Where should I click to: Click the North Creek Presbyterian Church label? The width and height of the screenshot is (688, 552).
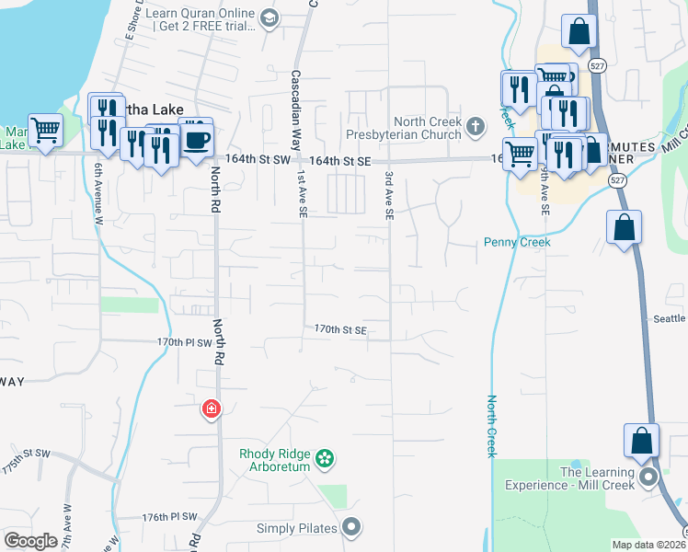[x=424, y=129]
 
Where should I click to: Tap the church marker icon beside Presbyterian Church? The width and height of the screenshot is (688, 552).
[x=475, y=126]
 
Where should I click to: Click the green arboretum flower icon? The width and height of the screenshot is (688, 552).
[x=324, y=458]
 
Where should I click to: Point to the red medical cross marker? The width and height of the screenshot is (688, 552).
[x=212, y=408]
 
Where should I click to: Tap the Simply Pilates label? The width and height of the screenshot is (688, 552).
[x=298, y=528]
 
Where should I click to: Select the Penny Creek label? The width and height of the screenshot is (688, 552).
[x=517, y=243]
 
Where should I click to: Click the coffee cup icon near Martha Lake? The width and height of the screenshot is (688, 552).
[x=198, y=140]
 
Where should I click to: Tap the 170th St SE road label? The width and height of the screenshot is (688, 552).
[x=340, y=329]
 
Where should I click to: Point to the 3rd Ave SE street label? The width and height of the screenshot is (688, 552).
[x=390, y=194]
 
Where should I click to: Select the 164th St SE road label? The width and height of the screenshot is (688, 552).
[x=339, y=161]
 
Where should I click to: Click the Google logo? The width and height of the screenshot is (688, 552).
[x=30, y=541]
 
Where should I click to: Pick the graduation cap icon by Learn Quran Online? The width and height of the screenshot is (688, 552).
[x=269, y=18]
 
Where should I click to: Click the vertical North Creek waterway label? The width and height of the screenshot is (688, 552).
[x=492, y=426]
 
